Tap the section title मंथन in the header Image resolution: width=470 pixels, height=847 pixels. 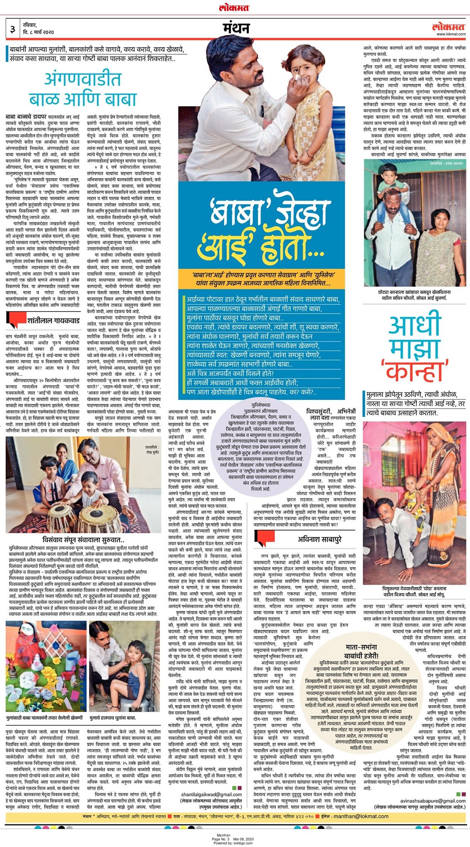[x=236, y=28]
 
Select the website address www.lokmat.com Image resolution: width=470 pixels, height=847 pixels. [x=451, y=34]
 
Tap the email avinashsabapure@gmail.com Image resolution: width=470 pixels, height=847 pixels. [x=432, y=801]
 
